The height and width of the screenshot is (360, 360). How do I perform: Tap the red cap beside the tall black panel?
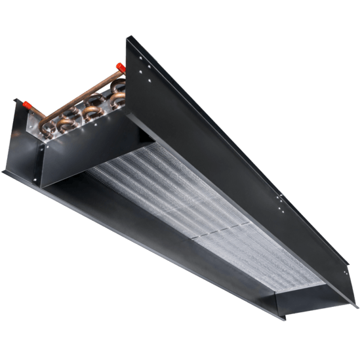click(120, 67)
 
